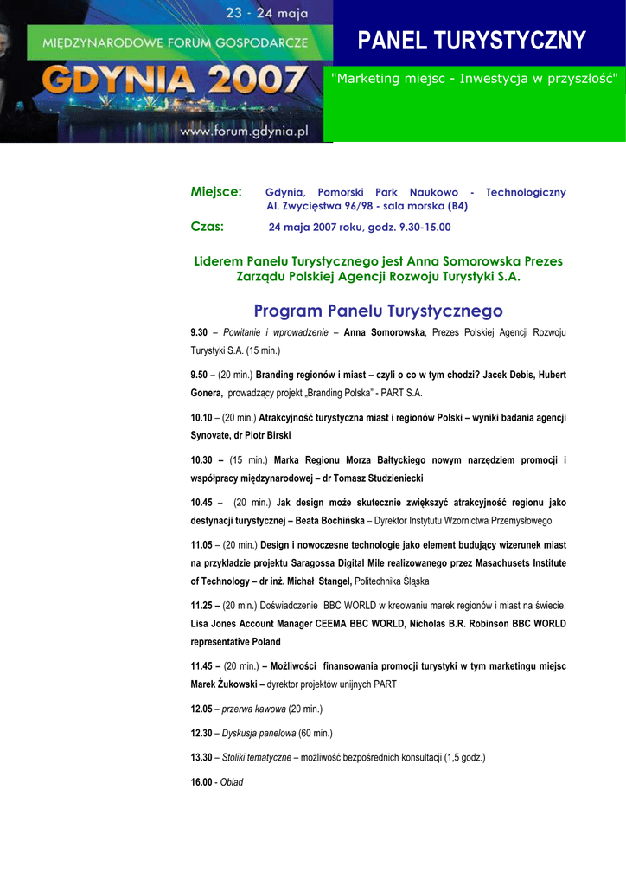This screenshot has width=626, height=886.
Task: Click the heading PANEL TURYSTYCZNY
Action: [472, 40]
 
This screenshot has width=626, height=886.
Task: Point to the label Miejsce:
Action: [216, 192]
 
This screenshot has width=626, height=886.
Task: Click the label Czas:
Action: [207, 227]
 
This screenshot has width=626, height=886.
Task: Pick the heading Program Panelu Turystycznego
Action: [378, 311]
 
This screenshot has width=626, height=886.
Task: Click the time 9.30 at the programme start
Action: [199, 333]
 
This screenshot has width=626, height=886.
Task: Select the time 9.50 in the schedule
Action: [199, 376]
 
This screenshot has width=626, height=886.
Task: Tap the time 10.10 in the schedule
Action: [201, 418]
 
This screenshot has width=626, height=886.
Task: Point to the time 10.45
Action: [201, 503]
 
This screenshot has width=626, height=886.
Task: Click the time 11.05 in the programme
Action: [201, 545]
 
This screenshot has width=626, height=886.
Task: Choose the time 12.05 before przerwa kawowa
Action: [201, 709]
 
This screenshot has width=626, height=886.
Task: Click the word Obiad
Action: [232, 782]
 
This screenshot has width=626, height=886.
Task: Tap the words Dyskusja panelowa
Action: [259, 734]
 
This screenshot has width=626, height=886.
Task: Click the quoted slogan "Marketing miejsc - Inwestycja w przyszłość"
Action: [475, 79]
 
